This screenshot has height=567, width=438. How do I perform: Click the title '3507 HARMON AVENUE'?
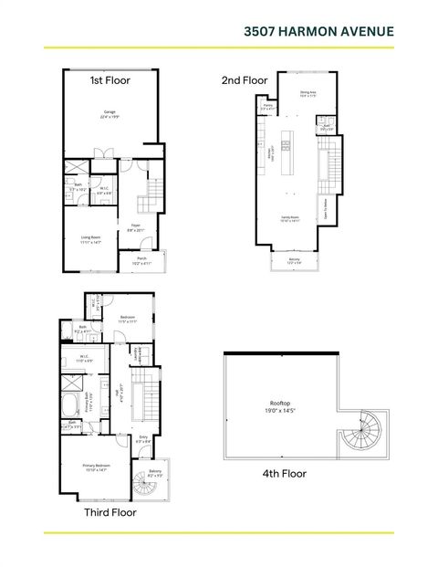[318, 31]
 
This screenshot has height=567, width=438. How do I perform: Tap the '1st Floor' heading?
[109, 80]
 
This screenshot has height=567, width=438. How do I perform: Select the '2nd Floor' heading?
[245, 80]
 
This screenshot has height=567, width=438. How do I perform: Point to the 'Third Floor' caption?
[110, 513]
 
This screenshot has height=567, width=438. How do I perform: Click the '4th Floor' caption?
[284, 474]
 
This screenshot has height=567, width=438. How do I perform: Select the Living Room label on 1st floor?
[89, 239]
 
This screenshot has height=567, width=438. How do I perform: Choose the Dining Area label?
[308, 94]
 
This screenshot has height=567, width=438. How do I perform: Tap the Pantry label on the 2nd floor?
[268, 108]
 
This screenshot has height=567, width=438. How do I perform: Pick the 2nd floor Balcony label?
[293, 261]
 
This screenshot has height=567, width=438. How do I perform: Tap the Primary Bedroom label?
[96, 467]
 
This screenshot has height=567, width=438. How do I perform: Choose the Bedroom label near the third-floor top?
[127, 320]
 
